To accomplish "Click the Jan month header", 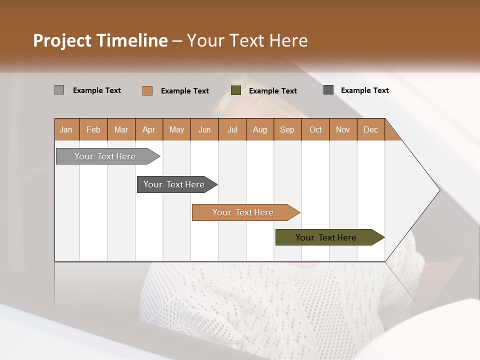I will click(66, 129).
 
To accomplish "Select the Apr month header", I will click(149, 129).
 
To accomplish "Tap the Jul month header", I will click(232, 129).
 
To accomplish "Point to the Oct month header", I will click(315, 129).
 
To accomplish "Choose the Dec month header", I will click(370, 129).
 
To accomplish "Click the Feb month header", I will click(93, 129).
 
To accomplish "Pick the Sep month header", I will click(287, 129).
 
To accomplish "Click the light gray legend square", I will click(59, 90).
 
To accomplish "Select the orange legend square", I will click(147, 90).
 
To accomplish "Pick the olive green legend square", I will click(236, 90).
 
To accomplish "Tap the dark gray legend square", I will click(328, 90).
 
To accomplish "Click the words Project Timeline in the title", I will click(100, 40).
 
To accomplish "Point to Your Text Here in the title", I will click(247, 40).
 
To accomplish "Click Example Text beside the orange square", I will click(185, 91).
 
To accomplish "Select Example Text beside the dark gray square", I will click(365, 90).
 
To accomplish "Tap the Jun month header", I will click(204, 129).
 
